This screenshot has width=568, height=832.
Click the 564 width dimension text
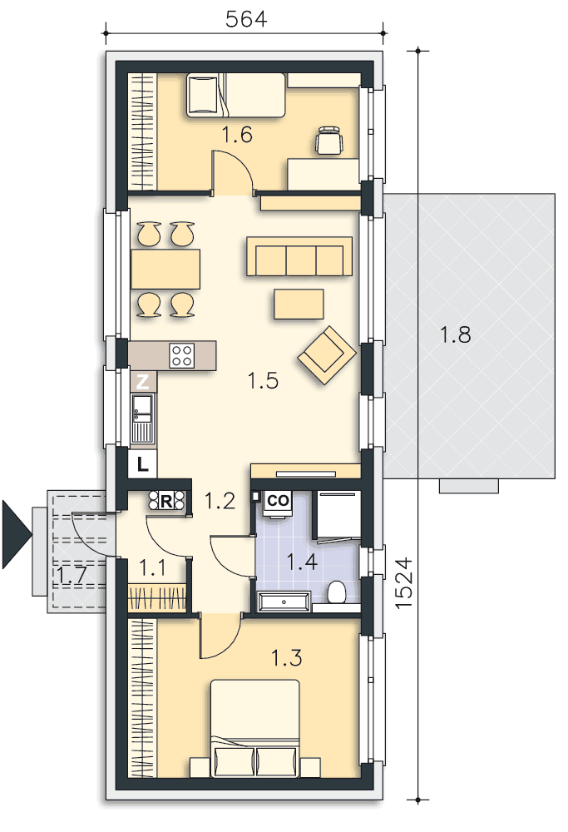point(246,19)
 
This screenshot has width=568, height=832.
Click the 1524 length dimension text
point(404,582)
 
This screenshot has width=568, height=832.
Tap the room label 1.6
point(237,135)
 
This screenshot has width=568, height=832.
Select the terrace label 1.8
point(455,334)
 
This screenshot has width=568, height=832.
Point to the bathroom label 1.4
point(302,562)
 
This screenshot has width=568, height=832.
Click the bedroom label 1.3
point(286,658)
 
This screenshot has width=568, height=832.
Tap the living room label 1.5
point(263,380)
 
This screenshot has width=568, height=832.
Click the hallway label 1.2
point(220,500)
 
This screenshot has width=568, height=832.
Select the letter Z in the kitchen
point(143,381)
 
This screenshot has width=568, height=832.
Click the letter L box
point(142,465)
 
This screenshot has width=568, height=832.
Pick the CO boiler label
point(278,500)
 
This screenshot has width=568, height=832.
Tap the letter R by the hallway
point(166,501)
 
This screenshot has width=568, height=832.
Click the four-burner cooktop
point(182,355)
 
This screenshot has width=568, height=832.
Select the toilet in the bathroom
point(336,592)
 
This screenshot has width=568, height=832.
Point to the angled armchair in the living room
point(327,355)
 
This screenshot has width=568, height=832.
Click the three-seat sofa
point(299,256)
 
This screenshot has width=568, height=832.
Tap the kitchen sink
point(142,418)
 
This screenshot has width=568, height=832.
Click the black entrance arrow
point(17,535)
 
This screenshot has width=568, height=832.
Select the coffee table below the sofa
point(299,304)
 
